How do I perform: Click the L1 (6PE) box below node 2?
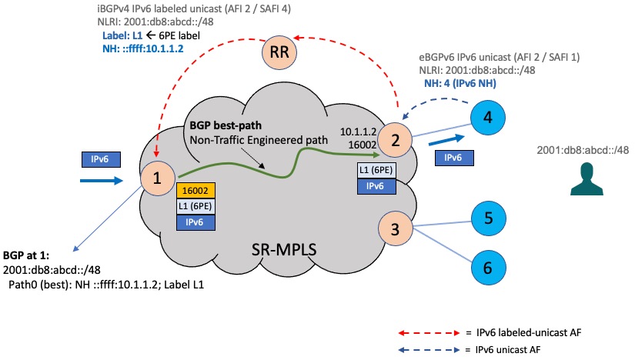[x=376, y=170]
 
